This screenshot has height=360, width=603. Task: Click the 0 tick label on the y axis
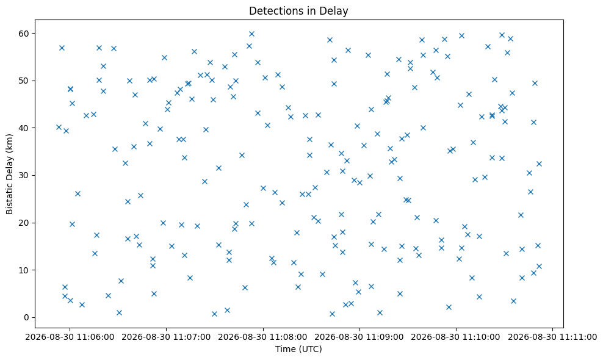[27, 318]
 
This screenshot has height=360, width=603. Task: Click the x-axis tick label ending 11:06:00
[70, 337]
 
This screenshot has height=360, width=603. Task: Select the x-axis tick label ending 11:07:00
[167, 337]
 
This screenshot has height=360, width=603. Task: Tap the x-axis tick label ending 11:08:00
[263, 337]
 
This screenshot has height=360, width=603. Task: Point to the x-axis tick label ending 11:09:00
[359, 337]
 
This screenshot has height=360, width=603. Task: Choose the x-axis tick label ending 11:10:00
[456, 337]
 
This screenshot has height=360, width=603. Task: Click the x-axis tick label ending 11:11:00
[552, 337]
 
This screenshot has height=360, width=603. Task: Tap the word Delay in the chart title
[335, 11]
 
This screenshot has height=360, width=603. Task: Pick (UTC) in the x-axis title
[309, 349]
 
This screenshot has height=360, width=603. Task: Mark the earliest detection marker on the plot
[59, 128]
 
